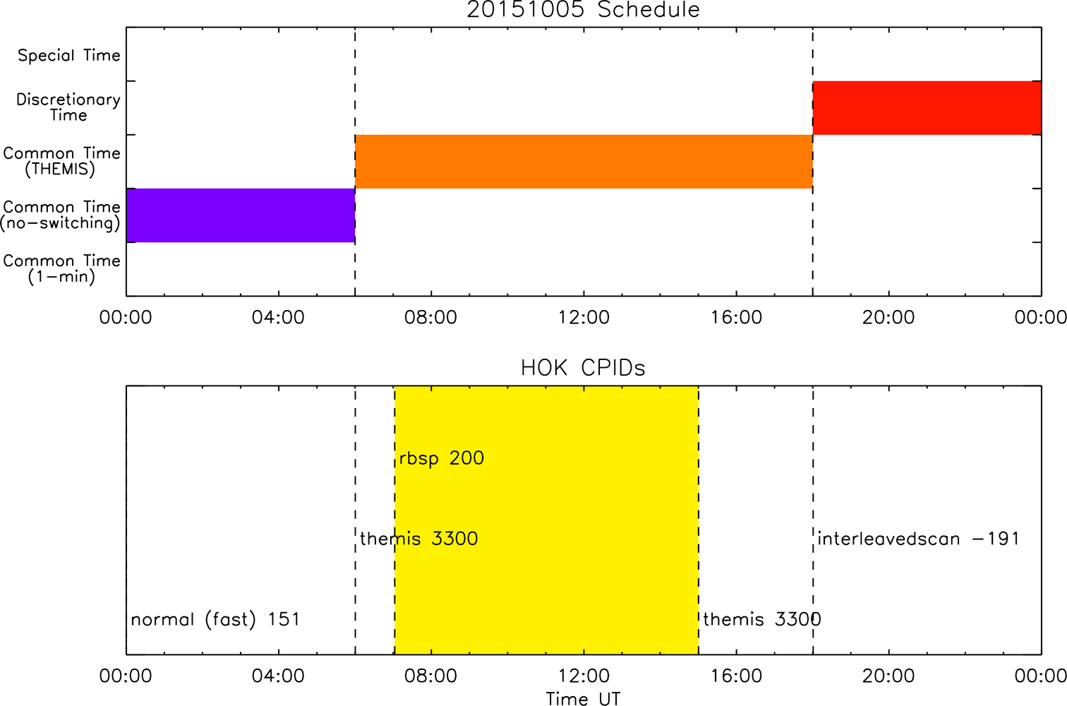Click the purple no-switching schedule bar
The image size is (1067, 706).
(241, 215)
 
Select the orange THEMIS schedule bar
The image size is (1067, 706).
(584, 162)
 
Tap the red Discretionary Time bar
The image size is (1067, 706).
(927, 108)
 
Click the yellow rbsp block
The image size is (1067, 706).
(546, 520)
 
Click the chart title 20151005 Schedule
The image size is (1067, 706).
(583, 10)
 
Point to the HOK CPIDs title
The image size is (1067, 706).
(583, 368)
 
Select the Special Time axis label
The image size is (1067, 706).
(69, 56)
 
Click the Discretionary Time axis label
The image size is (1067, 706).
(68, 107)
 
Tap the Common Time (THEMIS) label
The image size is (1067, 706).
(61, 161)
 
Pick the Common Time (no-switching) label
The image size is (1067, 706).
(61, 215)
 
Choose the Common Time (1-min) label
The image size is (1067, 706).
(61, 269)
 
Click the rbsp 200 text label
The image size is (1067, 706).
(442, 459)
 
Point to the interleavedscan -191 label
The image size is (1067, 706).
(918, 539)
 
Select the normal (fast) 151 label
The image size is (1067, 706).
(215, 620)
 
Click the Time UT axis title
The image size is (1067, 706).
(583, 698)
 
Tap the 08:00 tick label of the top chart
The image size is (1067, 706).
(430, 318)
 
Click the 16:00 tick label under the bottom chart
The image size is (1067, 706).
(736, 676)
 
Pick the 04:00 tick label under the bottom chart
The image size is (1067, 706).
(278, 676)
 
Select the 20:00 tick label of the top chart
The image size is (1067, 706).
(888, 318)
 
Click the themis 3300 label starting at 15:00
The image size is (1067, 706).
(762, 620)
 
